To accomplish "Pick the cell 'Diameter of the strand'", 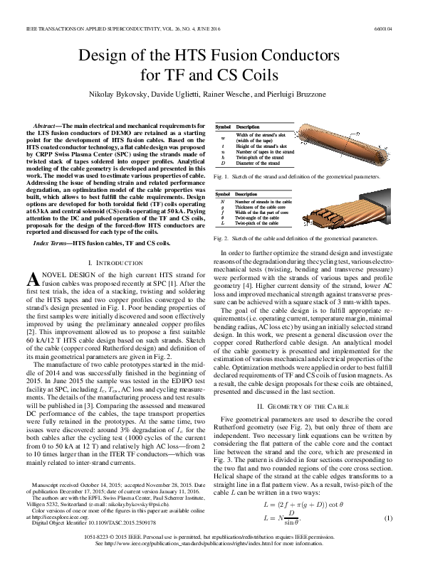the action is (x=259, y=163).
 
